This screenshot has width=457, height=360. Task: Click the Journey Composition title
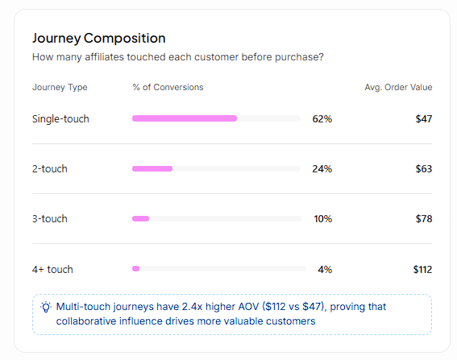(99, 38)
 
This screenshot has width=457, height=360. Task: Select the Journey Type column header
(60, 87)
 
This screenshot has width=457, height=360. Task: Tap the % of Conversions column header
(168, 87)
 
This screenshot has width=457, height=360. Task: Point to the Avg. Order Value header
(398, 87)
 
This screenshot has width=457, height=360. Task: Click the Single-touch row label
(60, 119)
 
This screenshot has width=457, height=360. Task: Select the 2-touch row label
(49, 168)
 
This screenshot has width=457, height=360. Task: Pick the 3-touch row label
(49, 218)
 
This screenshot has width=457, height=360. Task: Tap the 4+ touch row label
(52, 269)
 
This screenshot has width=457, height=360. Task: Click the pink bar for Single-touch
(185, 118)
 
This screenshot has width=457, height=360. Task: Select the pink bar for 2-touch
(152, 168)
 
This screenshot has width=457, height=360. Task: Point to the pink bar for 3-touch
(141, 218)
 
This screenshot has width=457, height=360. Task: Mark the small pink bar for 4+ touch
(136, 268)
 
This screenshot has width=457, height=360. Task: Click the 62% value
(322, 119)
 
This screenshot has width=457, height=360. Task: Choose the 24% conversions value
(322, 168)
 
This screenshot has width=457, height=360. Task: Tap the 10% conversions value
(323, 218)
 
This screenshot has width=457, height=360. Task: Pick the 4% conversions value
(325, 269)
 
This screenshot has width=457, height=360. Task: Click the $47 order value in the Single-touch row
(424, 119)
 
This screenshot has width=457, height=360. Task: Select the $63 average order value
(424, 168)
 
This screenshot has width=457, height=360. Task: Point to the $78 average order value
(424, 218)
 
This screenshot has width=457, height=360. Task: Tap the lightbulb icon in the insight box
(46, 307)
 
